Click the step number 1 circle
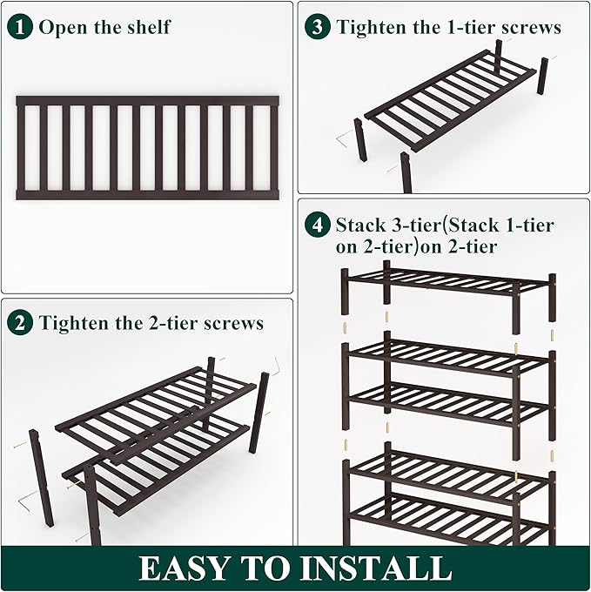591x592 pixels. tap(20, 26)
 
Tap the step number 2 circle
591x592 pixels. tap(20, 323)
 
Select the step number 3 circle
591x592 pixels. tap(318, 26)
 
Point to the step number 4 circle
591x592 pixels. tap(318, 225)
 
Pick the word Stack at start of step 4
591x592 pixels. tap(362, 225)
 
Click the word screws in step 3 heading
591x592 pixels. tap(530, 27)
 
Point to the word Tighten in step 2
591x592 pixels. tap(73, 323)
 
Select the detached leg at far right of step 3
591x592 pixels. tap(542, 77)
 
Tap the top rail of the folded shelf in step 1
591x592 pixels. tap(147, 101)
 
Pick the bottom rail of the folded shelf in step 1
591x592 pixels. tap(147, 195)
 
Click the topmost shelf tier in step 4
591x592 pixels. tap(447, 283)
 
